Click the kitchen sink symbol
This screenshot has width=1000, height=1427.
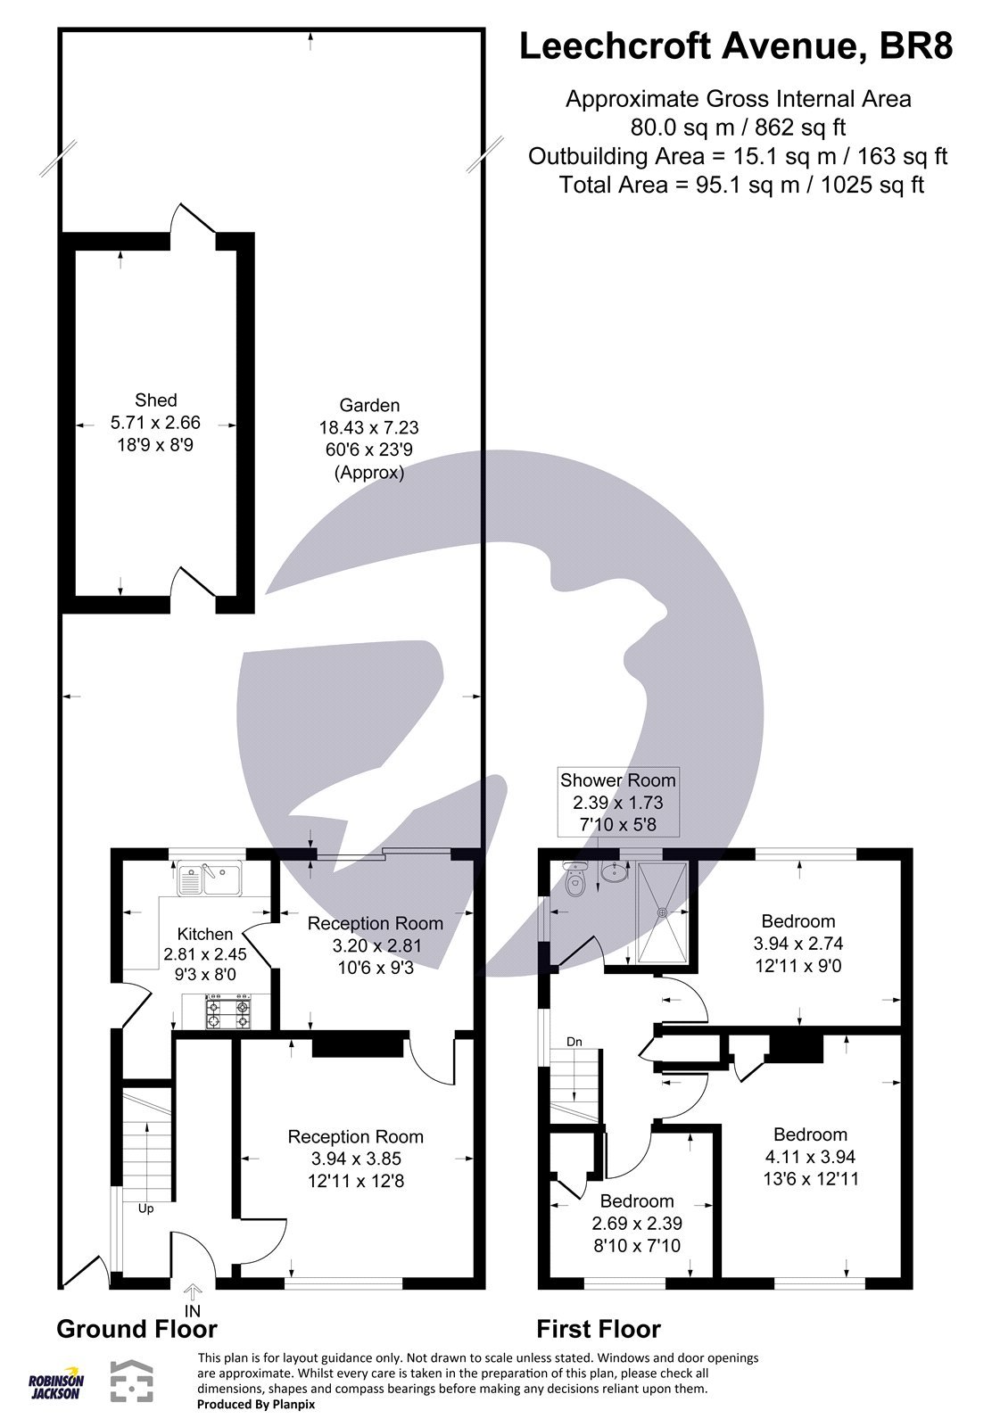pos(211,878)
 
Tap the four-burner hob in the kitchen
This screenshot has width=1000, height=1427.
pos(228,1011)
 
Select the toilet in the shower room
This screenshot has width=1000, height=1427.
pos(575,882)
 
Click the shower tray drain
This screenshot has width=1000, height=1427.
pos(662,911)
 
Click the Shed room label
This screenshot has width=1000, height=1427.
pos(156,400)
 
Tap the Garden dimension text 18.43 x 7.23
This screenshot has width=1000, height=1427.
pos(368,427)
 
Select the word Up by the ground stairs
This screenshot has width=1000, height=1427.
pos(145,1208)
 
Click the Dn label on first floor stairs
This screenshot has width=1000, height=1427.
pos(574,1042)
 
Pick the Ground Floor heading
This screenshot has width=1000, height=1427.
pos(136,1329)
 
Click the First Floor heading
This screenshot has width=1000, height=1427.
pos(599,1329)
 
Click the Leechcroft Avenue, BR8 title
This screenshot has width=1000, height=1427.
pos(736,46)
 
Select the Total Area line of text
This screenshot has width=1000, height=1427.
pos(740,185)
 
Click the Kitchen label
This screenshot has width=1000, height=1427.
pos(205,934)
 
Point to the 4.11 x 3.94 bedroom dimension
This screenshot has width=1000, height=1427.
pos(810,1156)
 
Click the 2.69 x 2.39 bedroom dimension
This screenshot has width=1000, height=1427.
pos(636,1223)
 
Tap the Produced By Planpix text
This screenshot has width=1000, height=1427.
pos(256,1404)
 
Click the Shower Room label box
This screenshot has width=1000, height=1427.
pos(617,802)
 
